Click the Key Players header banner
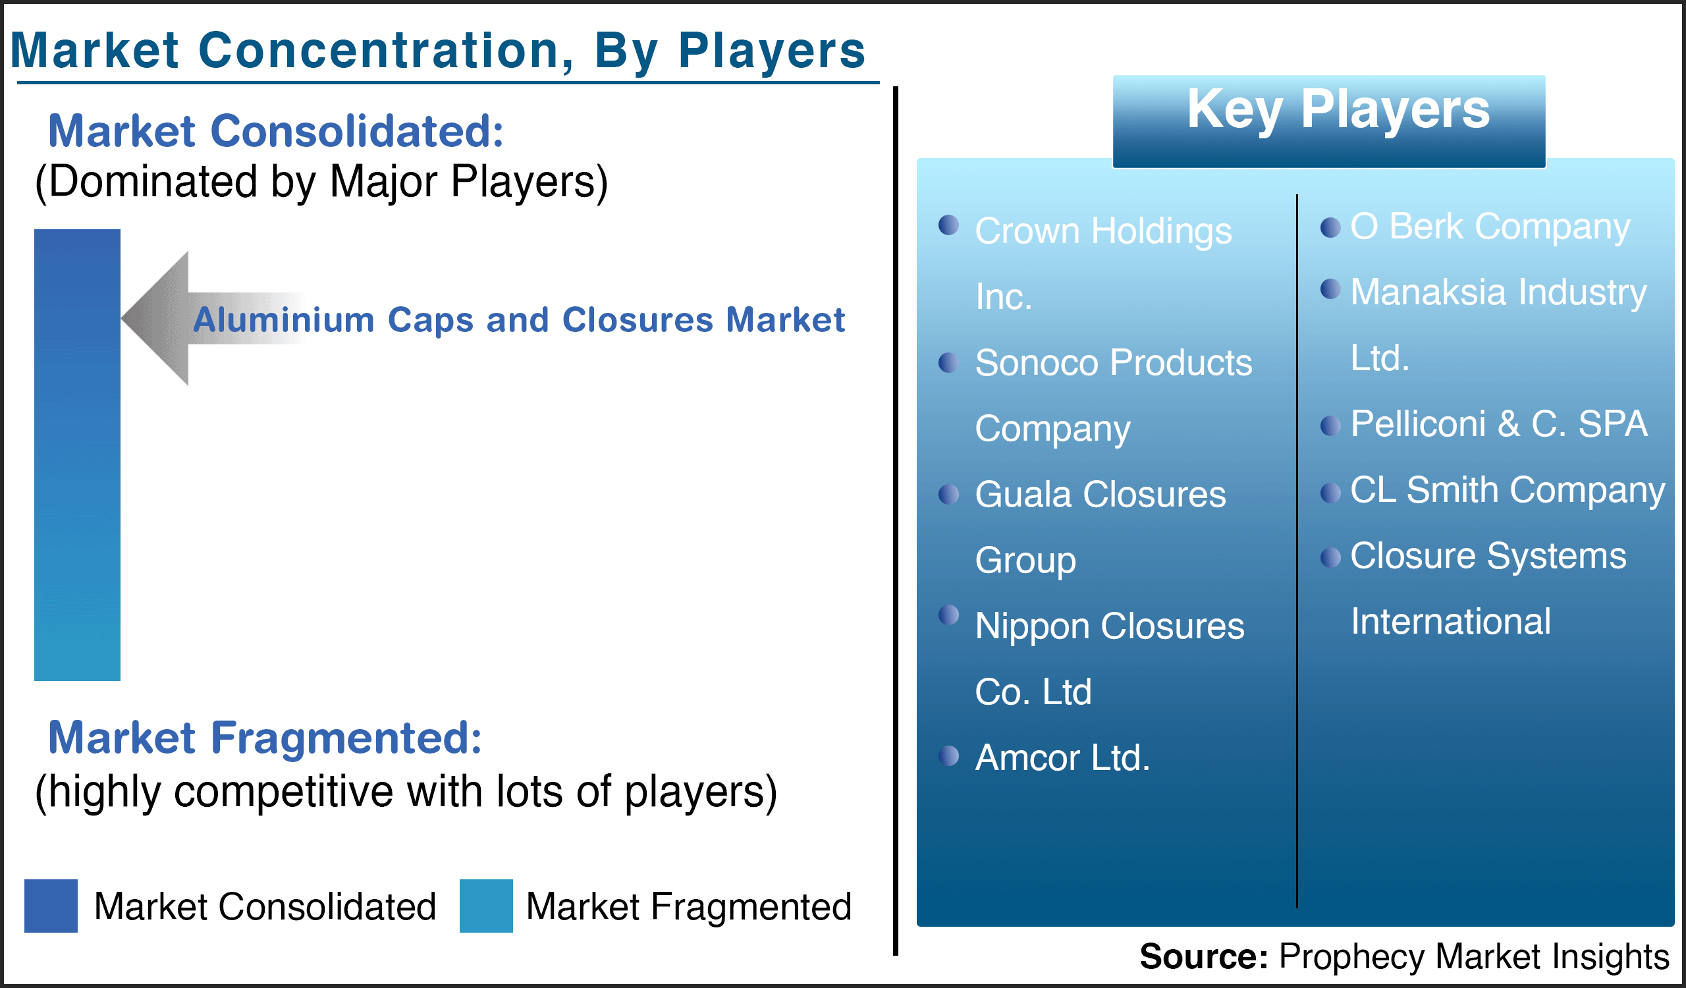(1329, 121)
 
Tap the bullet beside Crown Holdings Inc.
(949, 225)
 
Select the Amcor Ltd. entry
(1062, 759)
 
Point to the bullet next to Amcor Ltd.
(949, 756)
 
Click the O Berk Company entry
(1490, 227)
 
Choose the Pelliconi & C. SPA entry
(1499, 424)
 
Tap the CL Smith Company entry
(1508, 490)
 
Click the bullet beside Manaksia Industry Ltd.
(1330, 289)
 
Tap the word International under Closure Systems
(1450, 621)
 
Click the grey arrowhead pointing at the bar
(155, 318)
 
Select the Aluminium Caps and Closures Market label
(518, 319)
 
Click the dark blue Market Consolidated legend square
(51, 906)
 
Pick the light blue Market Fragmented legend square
(487, 906)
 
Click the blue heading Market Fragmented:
(265, 738)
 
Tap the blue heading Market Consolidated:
(276, 130)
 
